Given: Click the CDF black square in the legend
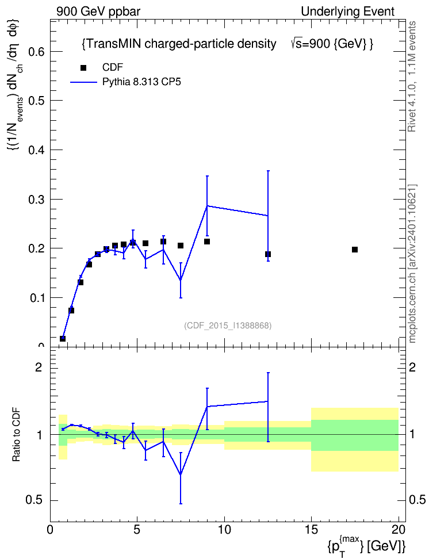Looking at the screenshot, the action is (x=83, y=68).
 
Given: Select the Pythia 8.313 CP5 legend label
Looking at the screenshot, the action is (x=141, y=82).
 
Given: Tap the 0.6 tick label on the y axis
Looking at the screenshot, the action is (x=36, y=52).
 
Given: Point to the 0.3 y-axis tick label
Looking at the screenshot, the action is (x=36, y=200).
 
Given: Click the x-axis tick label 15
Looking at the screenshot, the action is (x=311, y=530).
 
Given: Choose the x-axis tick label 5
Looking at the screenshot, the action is (x=137, y=530).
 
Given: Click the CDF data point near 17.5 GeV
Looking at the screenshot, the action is (x=354, y=250).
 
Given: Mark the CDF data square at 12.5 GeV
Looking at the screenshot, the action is (x=268, y=254).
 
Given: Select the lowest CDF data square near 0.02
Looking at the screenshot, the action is (x=63, y=339).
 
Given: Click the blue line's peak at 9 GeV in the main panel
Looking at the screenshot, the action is (x=207, y=206).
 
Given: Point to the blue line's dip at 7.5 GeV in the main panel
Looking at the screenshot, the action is (x=181, y=280).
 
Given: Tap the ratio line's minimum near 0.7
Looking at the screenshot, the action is (x=181, y=474).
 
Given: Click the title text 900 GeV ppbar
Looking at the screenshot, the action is (x=98, y=12).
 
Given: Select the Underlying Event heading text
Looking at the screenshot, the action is (x=348, y=12).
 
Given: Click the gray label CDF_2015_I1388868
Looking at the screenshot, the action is (x=228, y=326).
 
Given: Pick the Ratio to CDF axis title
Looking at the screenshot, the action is (x=17, y=435).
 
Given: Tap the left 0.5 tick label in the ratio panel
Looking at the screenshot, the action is (x=34, y=500).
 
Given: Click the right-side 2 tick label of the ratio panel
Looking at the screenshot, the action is (x=412, y=367).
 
